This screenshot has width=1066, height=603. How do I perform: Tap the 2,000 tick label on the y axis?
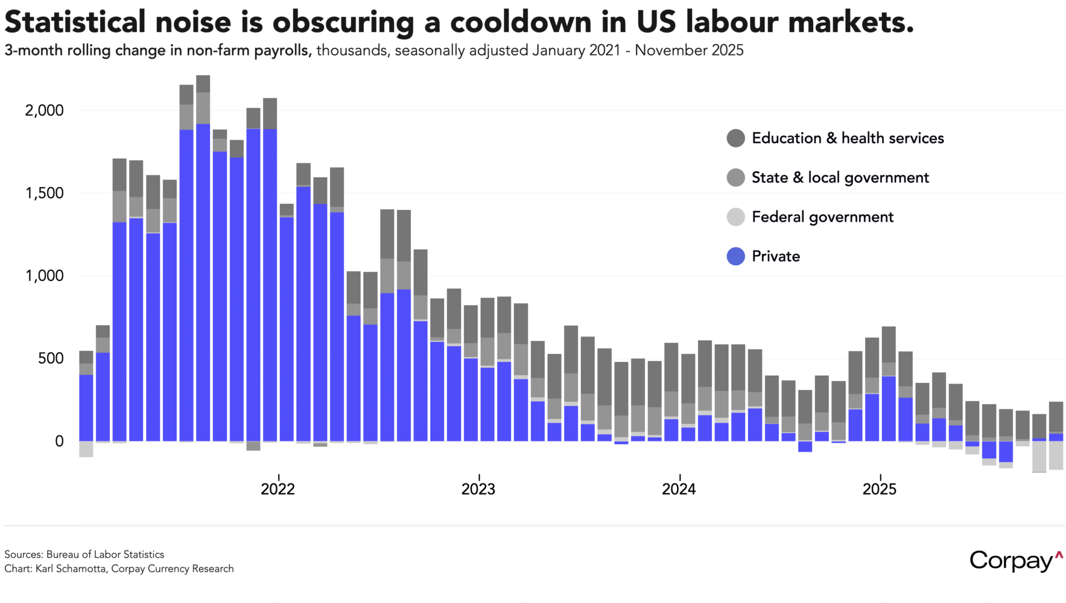[x=44, y=110]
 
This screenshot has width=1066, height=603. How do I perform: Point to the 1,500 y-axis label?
[x=44, y=193]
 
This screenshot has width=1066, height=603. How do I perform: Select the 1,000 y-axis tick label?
[x=44, y=276]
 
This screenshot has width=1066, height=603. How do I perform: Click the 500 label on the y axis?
[x=51, y=358]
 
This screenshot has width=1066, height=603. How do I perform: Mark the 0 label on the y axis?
[x=59, y=441]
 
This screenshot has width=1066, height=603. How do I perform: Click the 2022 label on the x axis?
[x=278, y=488]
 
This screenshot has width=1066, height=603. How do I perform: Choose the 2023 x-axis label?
[x=478, y=488]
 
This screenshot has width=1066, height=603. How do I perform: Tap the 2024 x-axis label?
[x=679, y=488]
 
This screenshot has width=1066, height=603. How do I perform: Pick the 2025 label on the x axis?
[x=880, y=488]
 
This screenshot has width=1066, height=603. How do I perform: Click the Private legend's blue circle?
[x=735, y=256]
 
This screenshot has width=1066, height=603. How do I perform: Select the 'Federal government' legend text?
[x=822, y=217]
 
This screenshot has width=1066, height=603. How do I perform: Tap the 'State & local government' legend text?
[x=840, y=178]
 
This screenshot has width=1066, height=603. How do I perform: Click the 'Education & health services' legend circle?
[x=735, y=138]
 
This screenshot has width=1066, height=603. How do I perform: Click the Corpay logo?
[x=1016, y=561]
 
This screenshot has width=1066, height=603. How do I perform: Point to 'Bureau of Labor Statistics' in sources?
[x=105, y=554]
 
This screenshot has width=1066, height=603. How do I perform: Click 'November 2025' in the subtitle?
[x=689, y=50]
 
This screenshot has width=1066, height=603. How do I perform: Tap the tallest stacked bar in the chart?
[x=203, y=259]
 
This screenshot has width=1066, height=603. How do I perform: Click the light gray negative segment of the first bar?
[x=86, y=449]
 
